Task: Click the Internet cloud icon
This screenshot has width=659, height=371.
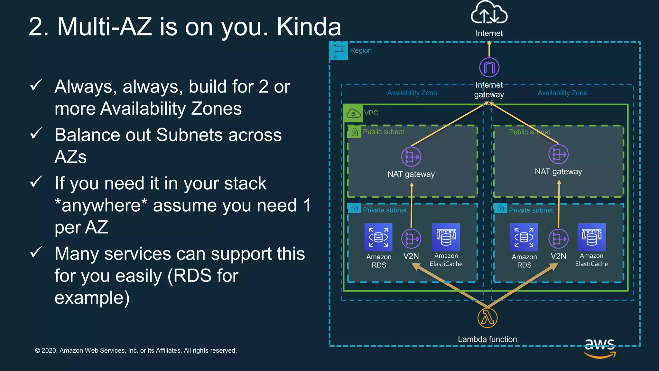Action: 489,14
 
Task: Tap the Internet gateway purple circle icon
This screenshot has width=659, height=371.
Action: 489,67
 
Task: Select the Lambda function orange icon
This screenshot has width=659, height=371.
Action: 487,318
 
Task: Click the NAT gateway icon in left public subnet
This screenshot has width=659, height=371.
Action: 411,157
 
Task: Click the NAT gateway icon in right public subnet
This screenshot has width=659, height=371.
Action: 558,154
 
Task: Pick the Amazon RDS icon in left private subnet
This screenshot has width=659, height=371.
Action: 378,237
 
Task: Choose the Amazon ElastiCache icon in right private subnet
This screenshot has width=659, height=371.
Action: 591,237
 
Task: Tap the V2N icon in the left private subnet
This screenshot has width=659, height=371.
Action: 411,239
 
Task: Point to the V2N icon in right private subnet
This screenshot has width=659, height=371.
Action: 558,239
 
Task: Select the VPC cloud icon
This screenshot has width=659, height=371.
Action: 353,113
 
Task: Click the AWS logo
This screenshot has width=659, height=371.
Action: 600,348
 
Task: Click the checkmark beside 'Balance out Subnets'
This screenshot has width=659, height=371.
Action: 36,133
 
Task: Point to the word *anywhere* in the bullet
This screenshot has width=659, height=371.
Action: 101,205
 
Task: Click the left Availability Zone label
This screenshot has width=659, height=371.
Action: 412,93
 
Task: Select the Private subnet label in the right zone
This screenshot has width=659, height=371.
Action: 531,210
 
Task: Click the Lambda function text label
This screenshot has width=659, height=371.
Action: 487,339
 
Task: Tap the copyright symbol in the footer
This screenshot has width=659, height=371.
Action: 38,351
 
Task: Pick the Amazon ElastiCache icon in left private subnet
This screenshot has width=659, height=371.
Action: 446,237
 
